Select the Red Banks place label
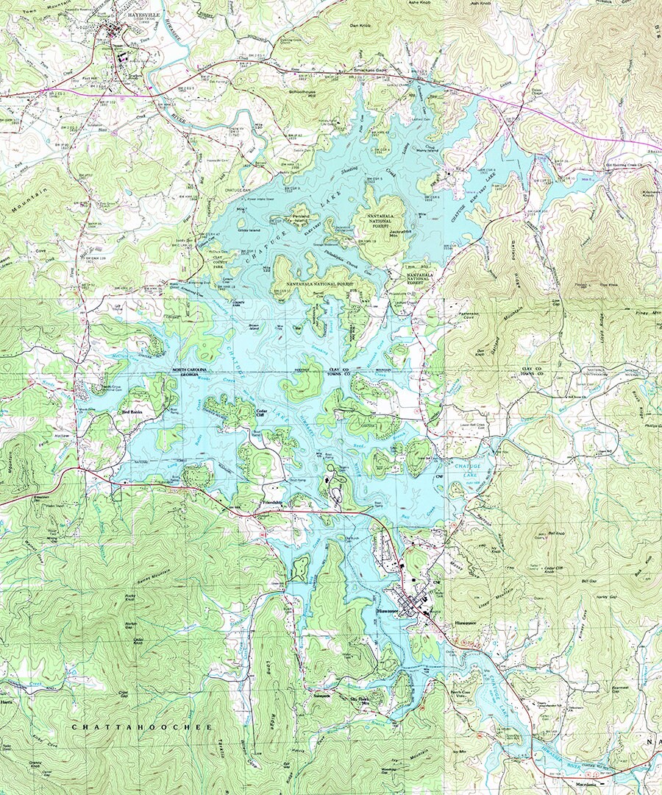point(132,412)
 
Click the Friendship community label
point(274,502)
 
